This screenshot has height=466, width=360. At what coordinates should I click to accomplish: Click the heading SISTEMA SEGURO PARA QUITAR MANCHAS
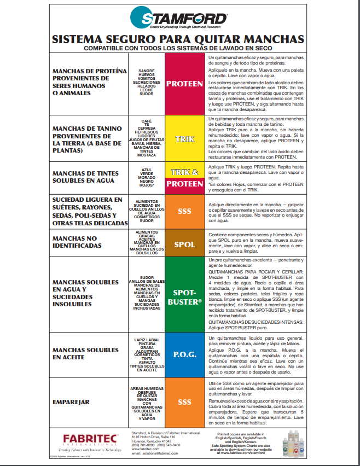coord(177,39)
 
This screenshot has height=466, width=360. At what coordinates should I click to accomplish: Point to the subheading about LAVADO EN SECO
coord(177,48)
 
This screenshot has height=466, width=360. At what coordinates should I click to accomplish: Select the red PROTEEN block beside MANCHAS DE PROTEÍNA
coord(184,84)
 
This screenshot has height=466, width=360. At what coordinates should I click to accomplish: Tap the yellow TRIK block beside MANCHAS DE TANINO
coord(184,139)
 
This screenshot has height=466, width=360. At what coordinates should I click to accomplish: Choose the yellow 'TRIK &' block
coord(184,172)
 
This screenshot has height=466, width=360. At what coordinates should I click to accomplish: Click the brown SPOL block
coord(184,244)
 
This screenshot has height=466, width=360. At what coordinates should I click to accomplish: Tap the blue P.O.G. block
coord(184,353)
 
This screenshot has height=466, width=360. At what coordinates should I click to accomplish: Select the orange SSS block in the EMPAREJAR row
coord(184,402)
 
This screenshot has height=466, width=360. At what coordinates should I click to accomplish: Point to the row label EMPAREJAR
coord(71,402)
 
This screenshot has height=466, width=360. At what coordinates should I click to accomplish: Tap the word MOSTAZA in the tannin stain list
coord(146,155)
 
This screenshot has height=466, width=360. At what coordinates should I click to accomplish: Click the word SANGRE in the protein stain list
coord(146,71)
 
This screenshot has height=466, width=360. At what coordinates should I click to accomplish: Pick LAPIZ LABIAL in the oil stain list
coord(146,340)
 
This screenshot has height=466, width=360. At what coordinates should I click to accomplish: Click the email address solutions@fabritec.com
coord(155,453)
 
